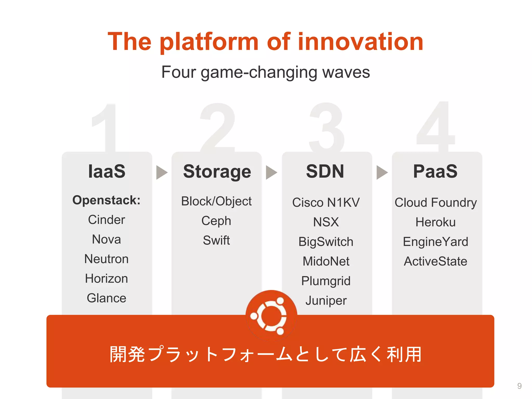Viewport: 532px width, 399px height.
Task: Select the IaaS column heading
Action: point(107,171)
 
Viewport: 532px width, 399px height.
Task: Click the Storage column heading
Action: point(217,172)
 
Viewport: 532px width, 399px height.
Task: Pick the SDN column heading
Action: point(325,171)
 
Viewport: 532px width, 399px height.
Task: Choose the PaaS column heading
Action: point(435,171)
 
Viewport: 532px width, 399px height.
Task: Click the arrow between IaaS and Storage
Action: point(162,172)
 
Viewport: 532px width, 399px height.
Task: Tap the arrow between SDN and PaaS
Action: point(382,172)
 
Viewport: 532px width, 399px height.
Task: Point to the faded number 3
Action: point(327,127)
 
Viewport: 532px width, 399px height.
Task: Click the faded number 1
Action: point(107,127)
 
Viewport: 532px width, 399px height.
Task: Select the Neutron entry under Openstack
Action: point(107,259)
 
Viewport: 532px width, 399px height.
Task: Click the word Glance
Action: point(107,298)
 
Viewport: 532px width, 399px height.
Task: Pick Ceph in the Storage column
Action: point(216,221)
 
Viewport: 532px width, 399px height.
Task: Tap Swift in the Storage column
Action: point(216,240)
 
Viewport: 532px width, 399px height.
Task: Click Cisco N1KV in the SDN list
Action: point(326,202)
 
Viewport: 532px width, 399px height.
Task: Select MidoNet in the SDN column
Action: point(326,261)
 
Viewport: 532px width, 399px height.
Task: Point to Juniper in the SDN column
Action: point(326,301)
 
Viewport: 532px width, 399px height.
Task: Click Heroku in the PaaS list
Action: point(435,222)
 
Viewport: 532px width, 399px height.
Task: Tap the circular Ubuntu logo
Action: point(271,316)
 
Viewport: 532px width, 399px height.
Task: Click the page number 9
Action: point(519,386)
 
